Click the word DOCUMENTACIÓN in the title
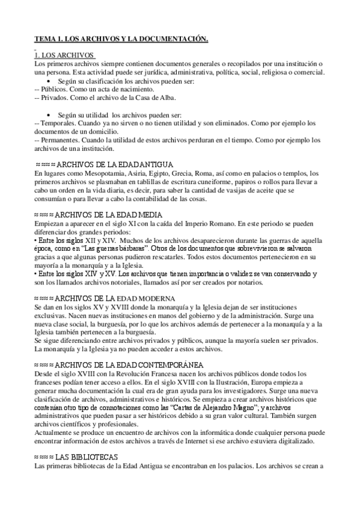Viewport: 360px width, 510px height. pos(175,39)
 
